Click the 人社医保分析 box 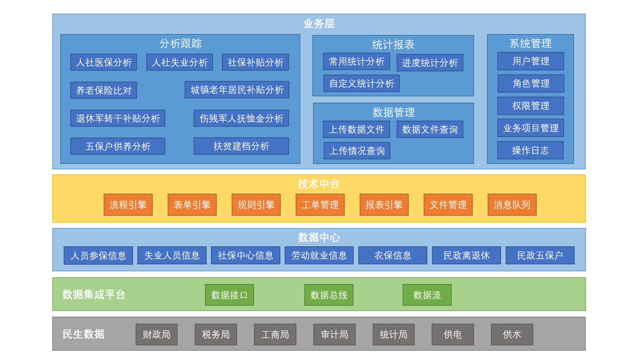pos(104,62)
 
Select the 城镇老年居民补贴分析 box pos(237,90)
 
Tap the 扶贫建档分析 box pos(241,146)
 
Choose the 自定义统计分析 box pos(362,83)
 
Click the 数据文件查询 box pos(430,129)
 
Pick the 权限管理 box pos(531,106)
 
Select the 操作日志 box pos(531,150)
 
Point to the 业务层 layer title pos(319,23)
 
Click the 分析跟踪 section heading pos(180,43)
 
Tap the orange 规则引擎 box pos(256,205)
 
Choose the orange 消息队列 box pos(512,205)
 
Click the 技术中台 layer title pos(319,184)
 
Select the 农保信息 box pos(393,255)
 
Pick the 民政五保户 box pos(540,255)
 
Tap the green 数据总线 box pos(329,295)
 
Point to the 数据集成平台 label pos(94,294)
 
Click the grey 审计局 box pos(334,334)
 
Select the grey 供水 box pos(512,334)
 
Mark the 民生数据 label pos(84,334)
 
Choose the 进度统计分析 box pos(430,63)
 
